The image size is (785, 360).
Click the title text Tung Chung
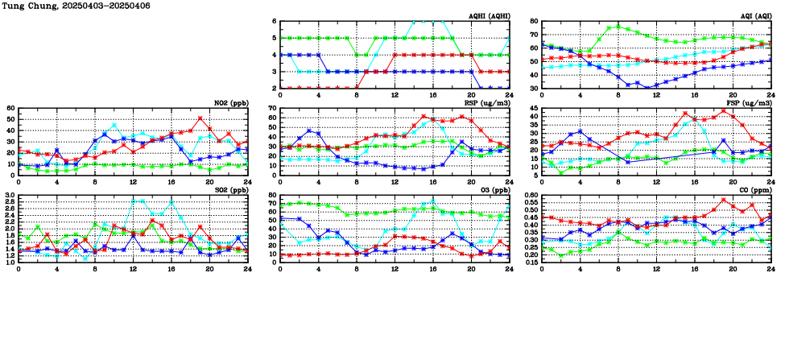[24, 6]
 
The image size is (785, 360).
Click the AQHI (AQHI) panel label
[488, 16]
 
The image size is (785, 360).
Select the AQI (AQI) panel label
[754, 16]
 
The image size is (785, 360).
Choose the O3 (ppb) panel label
[493, 190]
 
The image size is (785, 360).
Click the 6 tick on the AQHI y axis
[275, 21]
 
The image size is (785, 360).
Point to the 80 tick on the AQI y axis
[535, 21]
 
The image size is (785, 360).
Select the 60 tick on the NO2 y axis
[10, 108]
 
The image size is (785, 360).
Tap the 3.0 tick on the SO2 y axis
[10, 195]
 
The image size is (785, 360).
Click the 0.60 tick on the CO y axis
[531, 195]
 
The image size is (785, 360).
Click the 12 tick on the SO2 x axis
[133, 267]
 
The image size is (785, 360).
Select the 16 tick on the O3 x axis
[432, 267]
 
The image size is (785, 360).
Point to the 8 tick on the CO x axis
[618, 267]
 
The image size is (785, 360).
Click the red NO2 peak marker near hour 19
[200, 118]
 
